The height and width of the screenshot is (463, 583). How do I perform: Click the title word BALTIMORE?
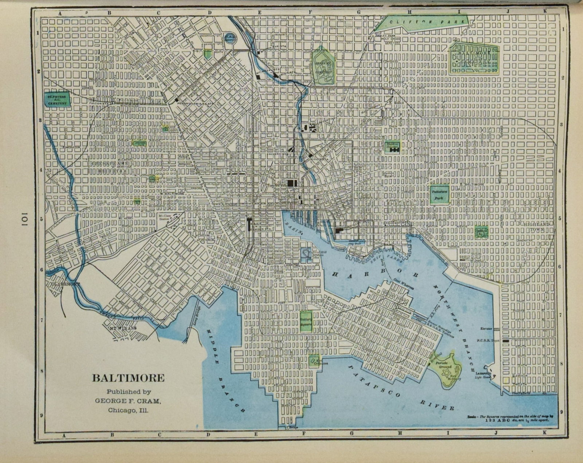[x=128, y=378]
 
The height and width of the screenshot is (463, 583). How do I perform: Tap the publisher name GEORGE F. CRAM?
[x=128, y=401]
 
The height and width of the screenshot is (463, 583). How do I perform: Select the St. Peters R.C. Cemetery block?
[x=56, y=99]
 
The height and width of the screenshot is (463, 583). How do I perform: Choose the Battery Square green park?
[x=305, y=321]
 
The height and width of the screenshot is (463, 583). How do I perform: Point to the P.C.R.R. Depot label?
[x=488, y=340]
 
